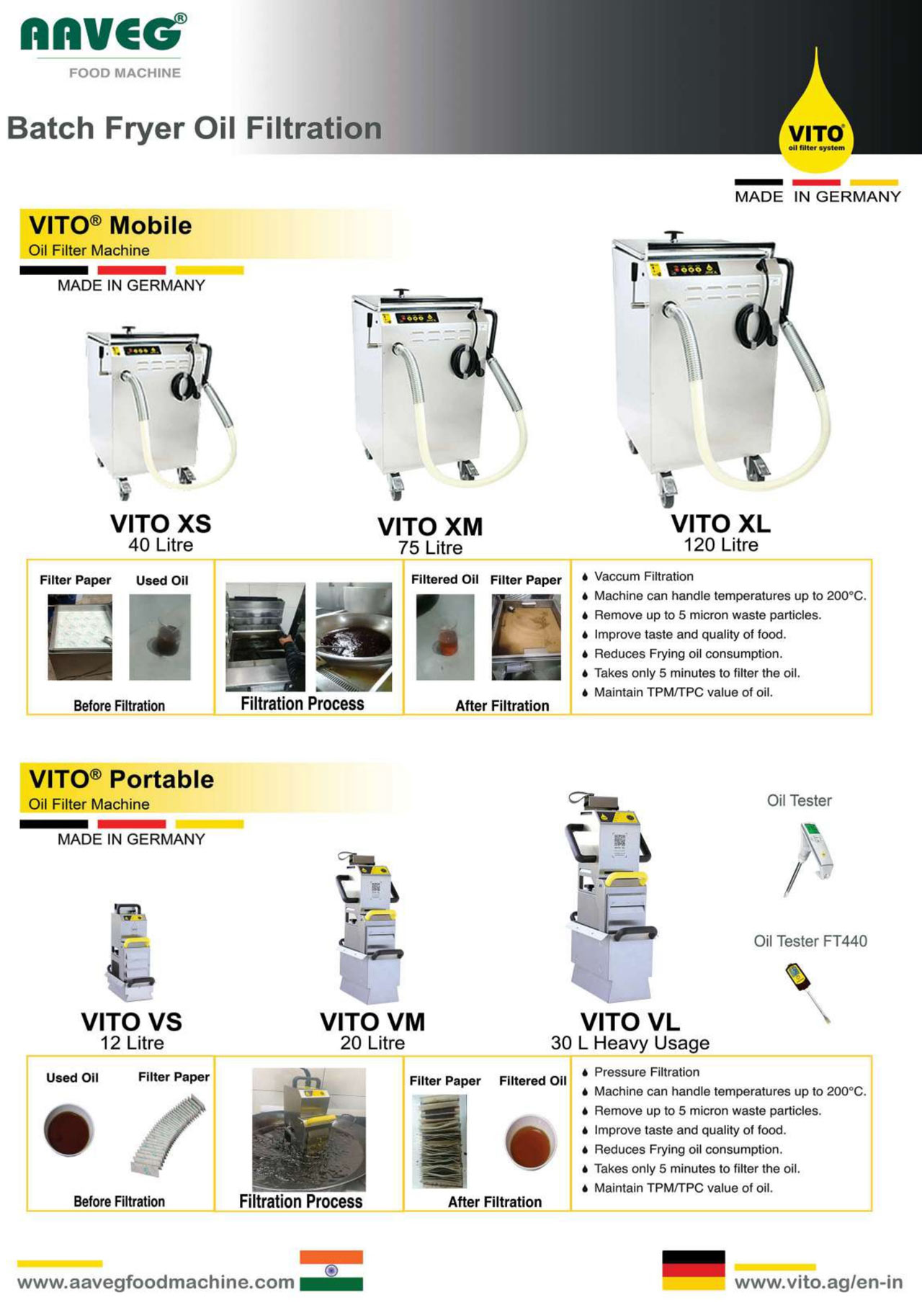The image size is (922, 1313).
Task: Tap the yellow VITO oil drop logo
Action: [816, 115]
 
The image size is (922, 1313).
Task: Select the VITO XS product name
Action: [161, 524]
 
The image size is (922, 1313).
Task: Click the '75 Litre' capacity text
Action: [431, 548]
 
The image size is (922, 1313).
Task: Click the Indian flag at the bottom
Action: [331, 1271]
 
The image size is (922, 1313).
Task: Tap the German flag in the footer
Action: [694, 1271]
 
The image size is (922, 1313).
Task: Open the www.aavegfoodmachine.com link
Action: [156, 1283]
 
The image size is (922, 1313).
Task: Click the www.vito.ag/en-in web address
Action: [818, 1283]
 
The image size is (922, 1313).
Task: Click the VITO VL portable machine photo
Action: [612, 897]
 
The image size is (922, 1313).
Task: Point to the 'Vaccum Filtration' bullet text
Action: [644, 576]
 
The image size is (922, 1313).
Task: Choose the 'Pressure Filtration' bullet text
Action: [647, 1072]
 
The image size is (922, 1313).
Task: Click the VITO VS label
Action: [132, 1021]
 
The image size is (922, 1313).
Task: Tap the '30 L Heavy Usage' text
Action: [630, 1043]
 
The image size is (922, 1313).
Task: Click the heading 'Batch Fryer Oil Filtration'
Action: [194, 128]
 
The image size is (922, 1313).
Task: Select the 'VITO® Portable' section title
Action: [121, 779]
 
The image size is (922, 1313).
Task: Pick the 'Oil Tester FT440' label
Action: [810, 941]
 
